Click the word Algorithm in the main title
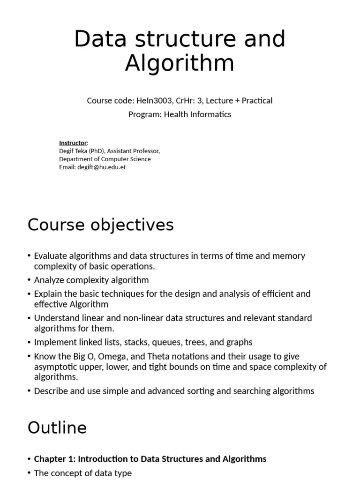pos(180,63)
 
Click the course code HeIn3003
pos(152,100)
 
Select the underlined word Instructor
pos(73,142)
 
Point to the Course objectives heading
pos(100,225)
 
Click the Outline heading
pos(57,427)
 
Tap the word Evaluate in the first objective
pos(51,256)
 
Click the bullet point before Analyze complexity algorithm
pos(30,280)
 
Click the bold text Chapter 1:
pos(52,459)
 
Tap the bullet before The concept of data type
pos(30,473)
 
